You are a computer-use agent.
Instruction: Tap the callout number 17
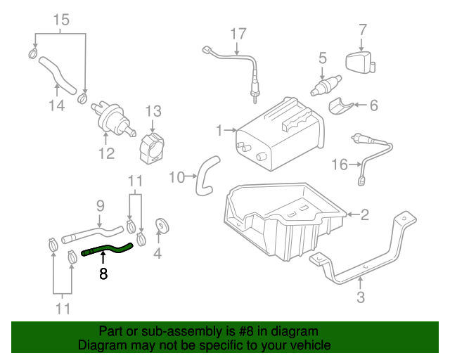coord(238,33)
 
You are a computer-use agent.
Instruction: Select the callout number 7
coord(363,30)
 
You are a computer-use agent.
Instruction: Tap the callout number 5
coord(323,58)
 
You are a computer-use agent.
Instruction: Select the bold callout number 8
coord(103,274)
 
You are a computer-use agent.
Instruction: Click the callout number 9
coord(100,206)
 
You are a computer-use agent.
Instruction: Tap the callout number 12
coord(106,153)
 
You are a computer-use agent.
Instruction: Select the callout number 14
coord(56,105)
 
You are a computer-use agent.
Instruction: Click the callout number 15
coord(62,20)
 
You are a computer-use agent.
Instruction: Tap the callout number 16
coord(340,165)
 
